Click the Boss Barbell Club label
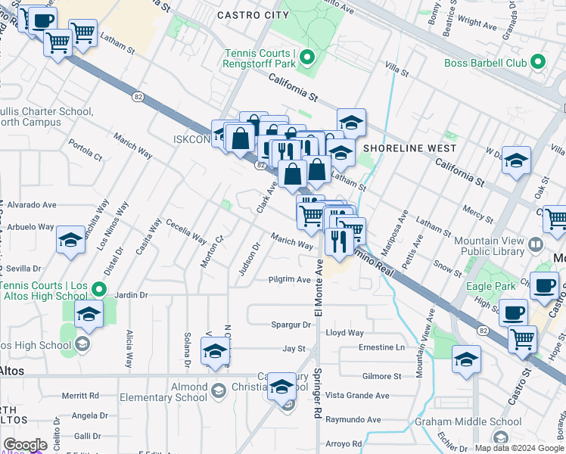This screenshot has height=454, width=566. pyautogui.click(x=485, y=63)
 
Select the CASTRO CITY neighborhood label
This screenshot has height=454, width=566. pyautogui.click(x=253, y=15)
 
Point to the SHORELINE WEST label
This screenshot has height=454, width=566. pyautogui.click(x=409, y=148)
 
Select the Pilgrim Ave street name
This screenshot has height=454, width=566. pyautogui.click(x=290, y=280)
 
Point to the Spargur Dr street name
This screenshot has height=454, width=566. pyautogui.click(x=291, y=325)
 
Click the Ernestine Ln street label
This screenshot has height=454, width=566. pyautogui.click(x=381, y=347)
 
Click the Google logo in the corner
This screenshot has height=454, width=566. pyautogui.click(x=25, y=445)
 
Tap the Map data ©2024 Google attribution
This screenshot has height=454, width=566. pyautogui.click(x=520, y=448)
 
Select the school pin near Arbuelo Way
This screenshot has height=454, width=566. pyautogui.click(x=70, y=241)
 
